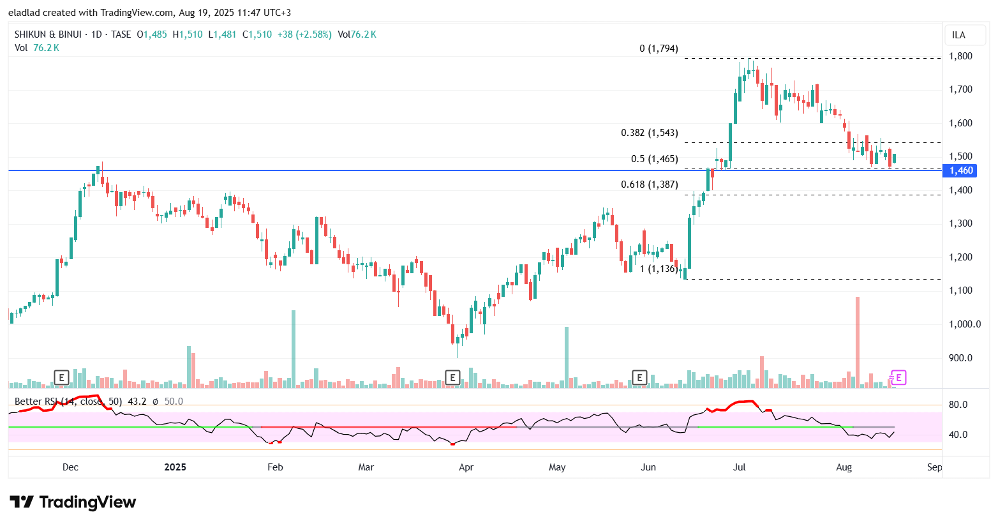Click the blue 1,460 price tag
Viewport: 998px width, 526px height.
(961, 170)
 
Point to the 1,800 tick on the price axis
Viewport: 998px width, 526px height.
(960, 56)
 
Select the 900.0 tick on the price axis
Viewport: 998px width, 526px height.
(960, 358)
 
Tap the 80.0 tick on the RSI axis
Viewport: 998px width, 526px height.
(958, 405)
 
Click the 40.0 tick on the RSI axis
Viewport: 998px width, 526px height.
(958, 435)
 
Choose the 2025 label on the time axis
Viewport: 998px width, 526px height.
(175, 467)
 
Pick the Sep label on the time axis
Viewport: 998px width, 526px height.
(934, 467)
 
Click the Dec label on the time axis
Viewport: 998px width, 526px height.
(70, 467)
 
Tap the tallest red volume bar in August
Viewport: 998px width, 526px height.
(858, 342)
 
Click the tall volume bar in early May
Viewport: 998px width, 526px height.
(566, 357)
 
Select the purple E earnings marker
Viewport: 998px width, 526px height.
(898, 378)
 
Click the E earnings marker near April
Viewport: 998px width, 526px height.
(452, 378)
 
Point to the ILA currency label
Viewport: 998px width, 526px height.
(958, 35)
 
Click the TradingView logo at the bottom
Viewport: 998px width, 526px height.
(73, 502)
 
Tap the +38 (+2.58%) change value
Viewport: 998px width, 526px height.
(304, 34)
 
